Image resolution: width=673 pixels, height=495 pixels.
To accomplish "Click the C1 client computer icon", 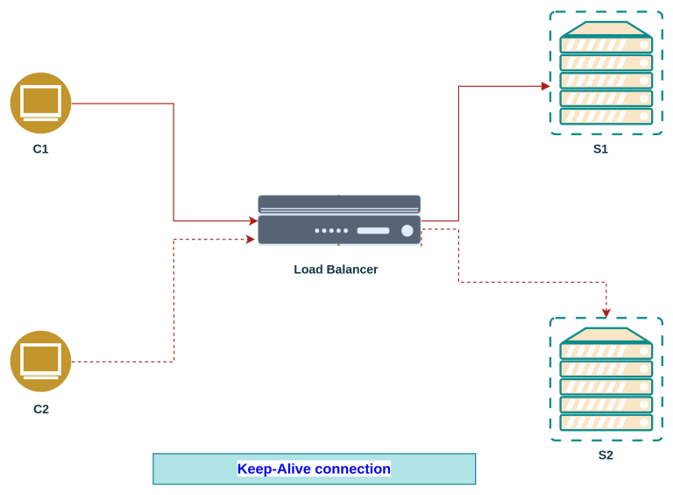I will (40, 103).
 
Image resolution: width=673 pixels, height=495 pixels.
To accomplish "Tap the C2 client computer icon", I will (40, 361).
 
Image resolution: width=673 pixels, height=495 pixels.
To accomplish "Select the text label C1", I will (40, 149).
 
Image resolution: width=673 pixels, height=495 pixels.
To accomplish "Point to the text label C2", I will (40, 409).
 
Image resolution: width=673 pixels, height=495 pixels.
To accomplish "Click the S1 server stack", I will (606, 74).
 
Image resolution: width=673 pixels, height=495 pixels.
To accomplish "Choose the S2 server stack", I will (606, 379).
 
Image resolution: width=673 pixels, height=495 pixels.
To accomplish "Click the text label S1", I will (600, 149).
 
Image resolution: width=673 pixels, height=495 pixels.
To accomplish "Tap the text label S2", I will (606, 455).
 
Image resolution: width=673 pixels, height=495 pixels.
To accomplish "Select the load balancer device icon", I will (339, 220).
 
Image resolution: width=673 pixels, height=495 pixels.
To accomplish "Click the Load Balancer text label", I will (336, 269).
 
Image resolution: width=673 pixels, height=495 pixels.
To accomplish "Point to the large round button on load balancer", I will (407, 231).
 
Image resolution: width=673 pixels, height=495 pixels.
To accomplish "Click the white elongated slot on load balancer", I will (372, 231).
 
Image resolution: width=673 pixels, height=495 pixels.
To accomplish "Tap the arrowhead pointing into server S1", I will (545, 86).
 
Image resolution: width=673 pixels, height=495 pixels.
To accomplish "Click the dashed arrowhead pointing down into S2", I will (606, 312).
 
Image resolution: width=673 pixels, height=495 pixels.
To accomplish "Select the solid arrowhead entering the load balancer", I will (252, 221).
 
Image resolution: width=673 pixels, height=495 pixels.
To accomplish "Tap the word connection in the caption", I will (352, 469).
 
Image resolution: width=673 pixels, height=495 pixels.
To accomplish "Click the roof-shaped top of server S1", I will (606, 28).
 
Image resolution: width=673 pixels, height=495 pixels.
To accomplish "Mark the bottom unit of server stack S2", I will (606, 422).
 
